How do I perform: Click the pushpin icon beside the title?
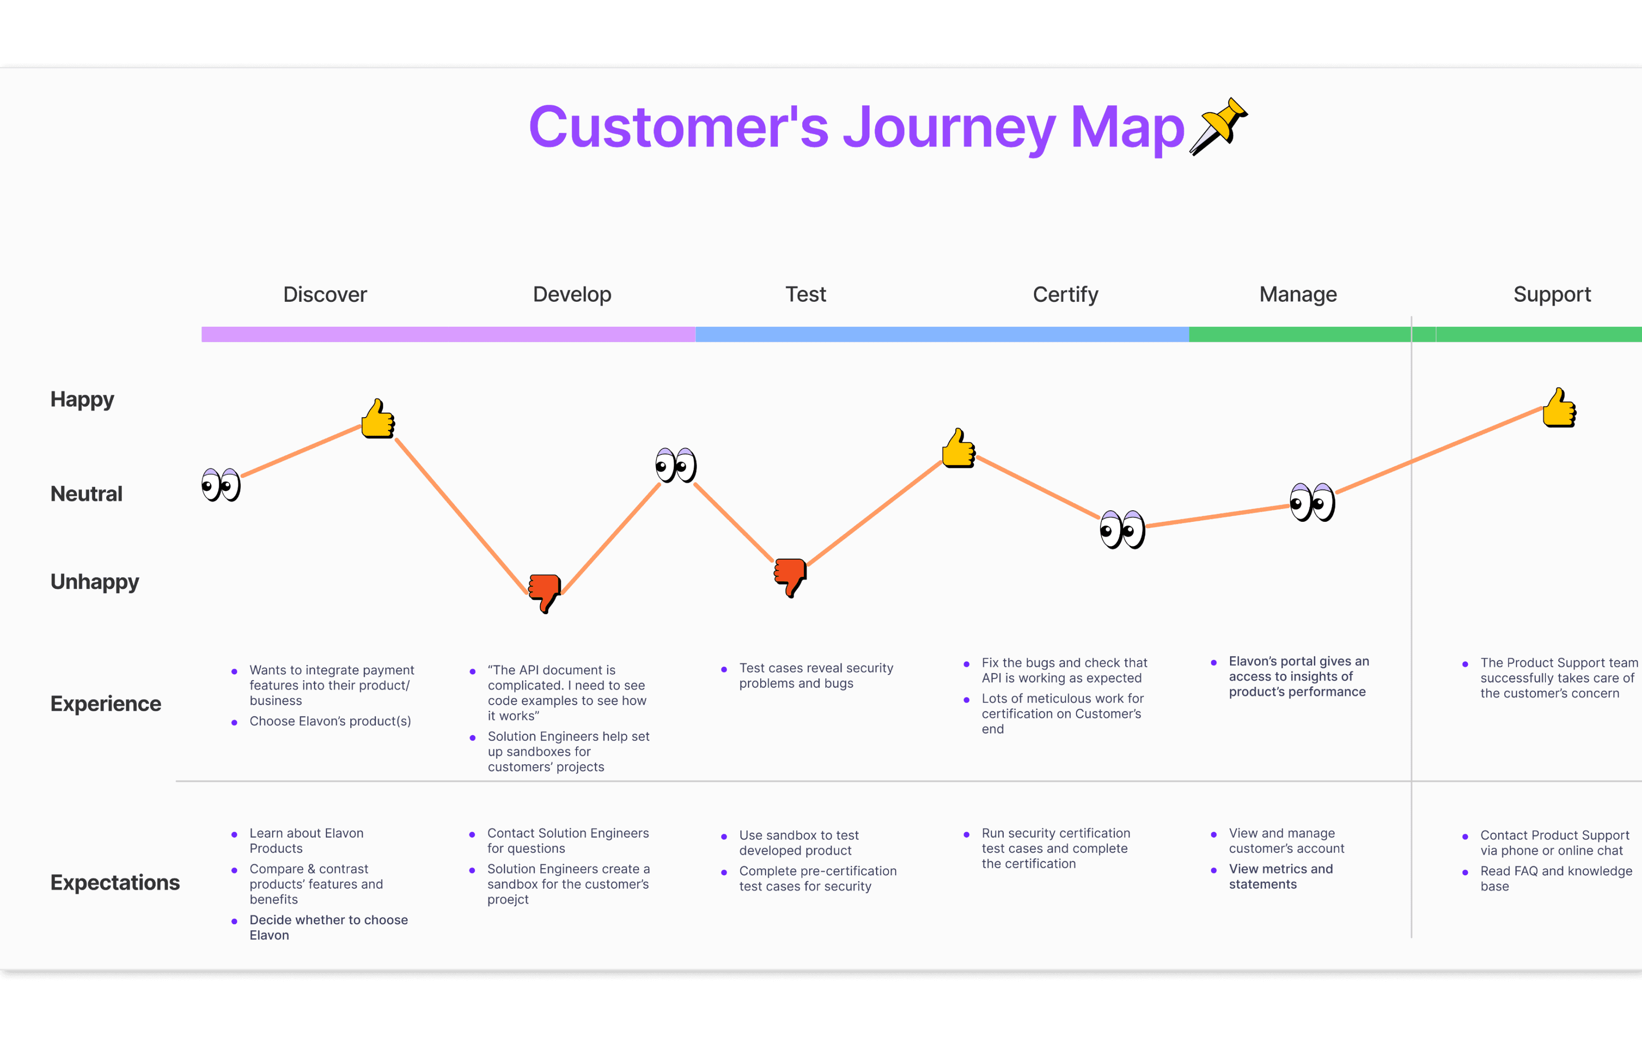coord(1219,126)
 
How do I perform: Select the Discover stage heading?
coord(324,295)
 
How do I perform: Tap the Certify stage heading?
coord(1065,295)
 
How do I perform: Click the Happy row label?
coord(82,399)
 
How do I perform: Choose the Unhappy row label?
coord(94,582)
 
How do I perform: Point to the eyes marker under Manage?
coord(1312,503)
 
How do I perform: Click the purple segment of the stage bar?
coord(448,334)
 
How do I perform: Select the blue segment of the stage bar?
coord(942,334)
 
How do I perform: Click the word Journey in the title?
coord(949,128)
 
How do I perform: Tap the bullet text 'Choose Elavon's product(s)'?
coord(330,721)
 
